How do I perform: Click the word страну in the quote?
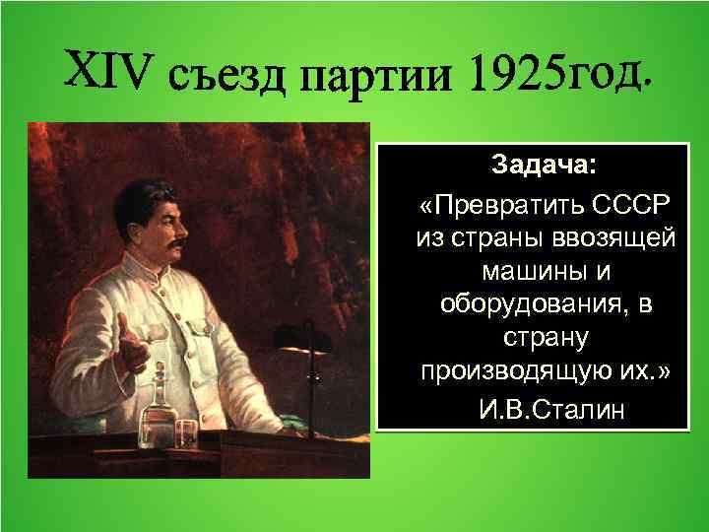[545, 341]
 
